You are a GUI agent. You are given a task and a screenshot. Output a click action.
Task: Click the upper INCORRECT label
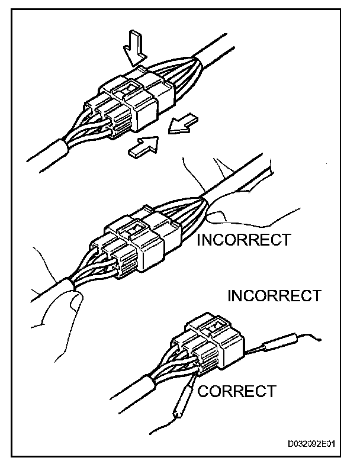click(x=243, y=240)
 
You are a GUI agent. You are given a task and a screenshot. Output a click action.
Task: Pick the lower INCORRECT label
click(x=274, y=295)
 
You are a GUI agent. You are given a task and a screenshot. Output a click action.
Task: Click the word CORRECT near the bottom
click(x=236, y=391)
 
